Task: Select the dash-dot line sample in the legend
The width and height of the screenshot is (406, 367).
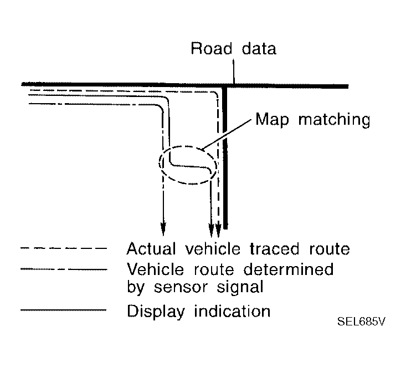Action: [x=63, y=270]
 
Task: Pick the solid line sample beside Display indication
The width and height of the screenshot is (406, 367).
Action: [x=63, y=310]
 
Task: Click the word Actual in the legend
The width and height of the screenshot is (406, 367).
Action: [x=150, y=248]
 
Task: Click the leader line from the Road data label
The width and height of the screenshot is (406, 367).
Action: [x=234, y=71]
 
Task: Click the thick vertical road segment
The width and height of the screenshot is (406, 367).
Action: [x=225, y=166]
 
